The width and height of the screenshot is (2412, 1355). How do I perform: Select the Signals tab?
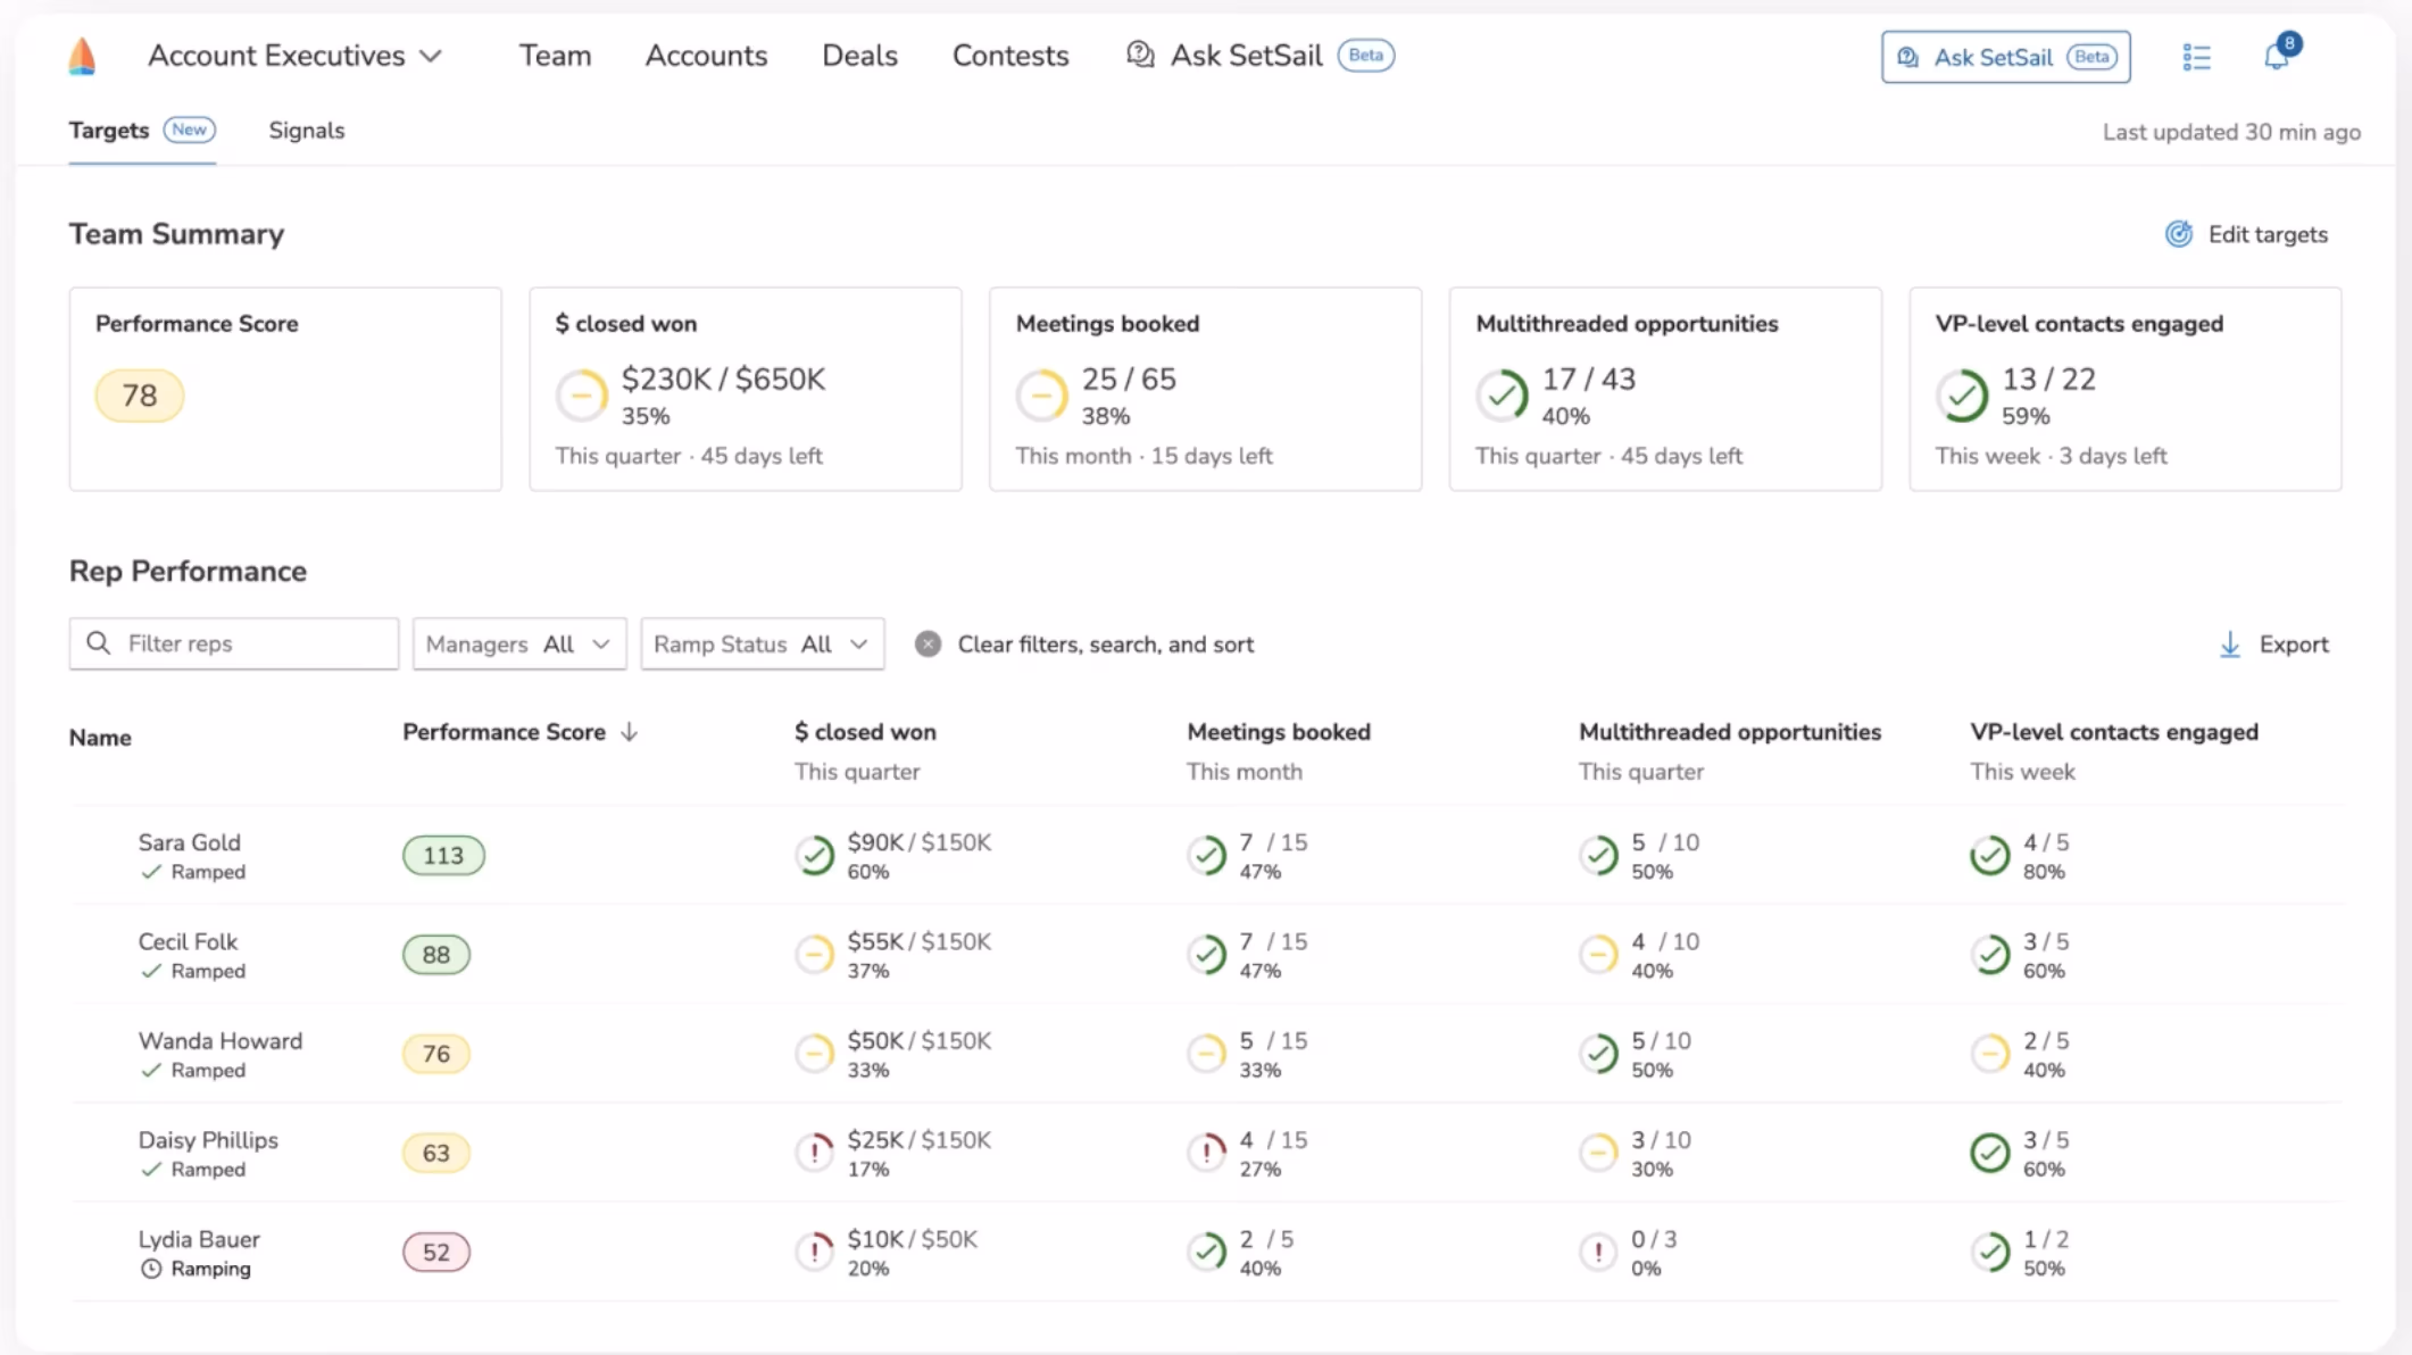click(306, 130)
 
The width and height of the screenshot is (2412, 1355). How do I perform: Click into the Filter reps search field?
click(234, 643)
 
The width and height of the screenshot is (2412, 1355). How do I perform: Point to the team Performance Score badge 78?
click(139, 395)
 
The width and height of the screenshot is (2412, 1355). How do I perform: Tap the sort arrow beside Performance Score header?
click(629, 731)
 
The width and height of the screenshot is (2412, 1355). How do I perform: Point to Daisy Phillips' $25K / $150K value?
click(918, 1140)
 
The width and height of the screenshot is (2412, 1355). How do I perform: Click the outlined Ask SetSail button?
click(2006, 57)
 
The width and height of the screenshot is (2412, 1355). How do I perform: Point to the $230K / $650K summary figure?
click(723, 379)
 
